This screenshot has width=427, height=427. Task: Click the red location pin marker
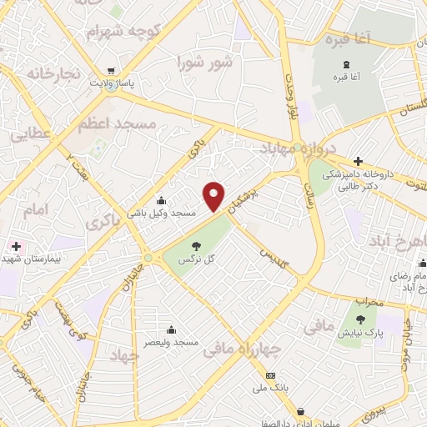coord(214,197)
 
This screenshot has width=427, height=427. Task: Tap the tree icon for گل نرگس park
coord(196,245)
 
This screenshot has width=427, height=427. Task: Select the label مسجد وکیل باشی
coord(161,213)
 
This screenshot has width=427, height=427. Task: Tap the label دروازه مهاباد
coord(299,148)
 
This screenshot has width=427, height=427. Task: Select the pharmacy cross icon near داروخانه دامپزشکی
coord(358,161)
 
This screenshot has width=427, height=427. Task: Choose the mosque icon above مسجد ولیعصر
coord(171,329)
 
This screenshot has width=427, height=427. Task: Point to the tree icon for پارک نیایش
coord(360,320)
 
